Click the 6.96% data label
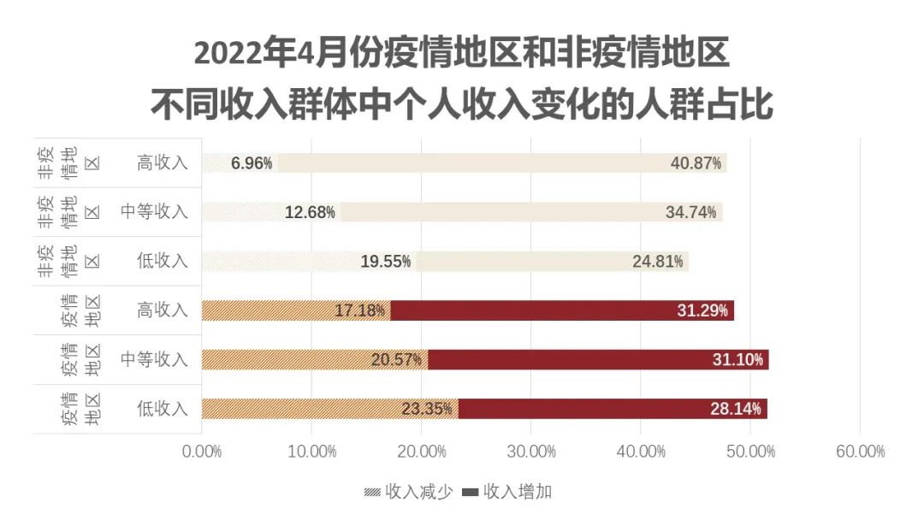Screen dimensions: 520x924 [252, 163]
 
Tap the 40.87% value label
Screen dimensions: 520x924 [696, 163]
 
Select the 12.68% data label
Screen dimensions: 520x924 [310, 212]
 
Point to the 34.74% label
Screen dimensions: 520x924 [690, 212]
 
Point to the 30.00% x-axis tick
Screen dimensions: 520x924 [531, 452]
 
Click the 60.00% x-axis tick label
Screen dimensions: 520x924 [860, 452]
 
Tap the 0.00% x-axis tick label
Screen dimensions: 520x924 [202, 452]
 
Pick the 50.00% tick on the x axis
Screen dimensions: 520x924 [750, 452]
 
